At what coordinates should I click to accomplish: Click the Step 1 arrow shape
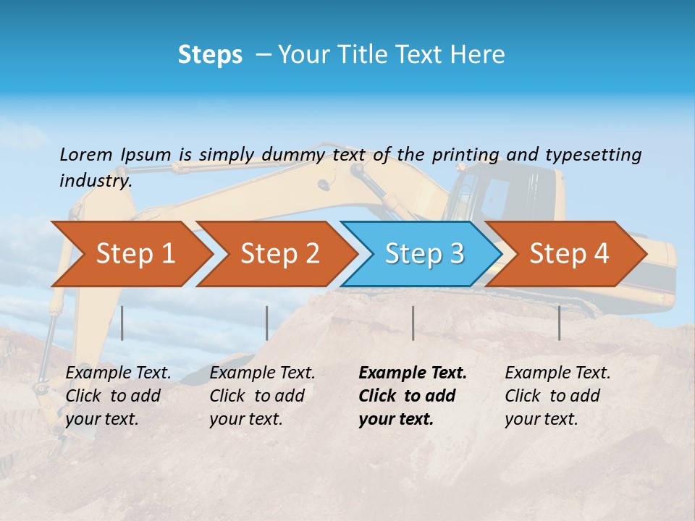(130, 254)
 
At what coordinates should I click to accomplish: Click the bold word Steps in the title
(210, 55)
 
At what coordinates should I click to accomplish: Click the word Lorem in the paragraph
(86, 154)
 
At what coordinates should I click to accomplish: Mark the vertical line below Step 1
(122, 323)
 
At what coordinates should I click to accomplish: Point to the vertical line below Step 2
(267, 323)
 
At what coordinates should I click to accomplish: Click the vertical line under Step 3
(413, 323)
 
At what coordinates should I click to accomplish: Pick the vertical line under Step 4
(560, 323)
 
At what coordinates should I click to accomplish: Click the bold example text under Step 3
(411, 396)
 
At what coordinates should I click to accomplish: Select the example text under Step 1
(118, 396)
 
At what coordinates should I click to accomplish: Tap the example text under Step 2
(262, 396)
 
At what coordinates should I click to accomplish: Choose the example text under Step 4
(557, 396)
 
